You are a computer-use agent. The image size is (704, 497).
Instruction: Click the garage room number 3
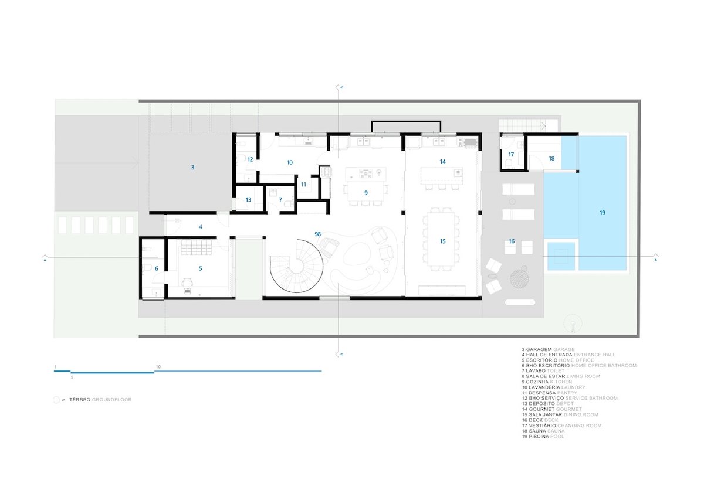(192, 168)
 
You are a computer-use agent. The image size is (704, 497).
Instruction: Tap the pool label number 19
(602, 213)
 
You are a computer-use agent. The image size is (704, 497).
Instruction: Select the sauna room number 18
(551, 158)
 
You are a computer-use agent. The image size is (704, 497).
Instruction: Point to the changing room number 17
(511, 155)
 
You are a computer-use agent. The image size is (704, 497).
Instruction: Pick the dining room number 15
(443, 241)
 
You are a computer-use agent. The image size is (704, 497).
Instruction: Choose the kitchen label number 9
(365, 192)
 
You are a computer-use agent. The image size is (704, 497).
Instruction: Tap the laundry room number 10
(289, 162)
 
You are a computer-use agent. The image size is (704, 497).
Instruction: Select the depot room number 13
(248, 200)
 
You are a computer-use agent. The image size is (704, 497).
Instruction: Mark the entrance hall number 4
(200, 226)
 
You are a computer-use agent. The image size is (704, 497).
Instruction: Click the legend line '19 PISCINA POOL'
(543, 437)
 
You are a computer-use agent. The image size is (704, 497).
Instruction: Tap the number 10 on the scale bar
(158, 367)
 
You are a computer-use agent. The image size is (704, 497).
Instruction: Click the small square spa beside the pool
(560, 257)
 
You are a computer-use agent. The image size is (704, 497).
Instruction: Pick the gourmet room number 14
(443, 161)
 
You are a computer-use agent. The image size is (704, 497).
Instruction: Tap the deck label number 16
(511, 241)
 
